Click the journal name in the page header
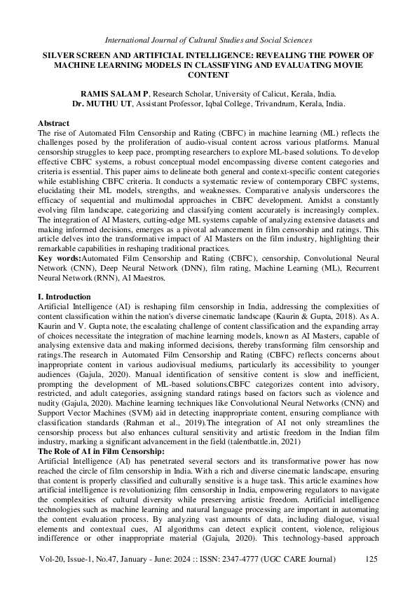point(208,40)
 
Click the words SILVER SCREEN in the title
point(71,54)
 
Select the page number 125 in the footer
point(370,559)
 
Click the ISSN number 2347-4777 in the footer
point(258,559)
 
